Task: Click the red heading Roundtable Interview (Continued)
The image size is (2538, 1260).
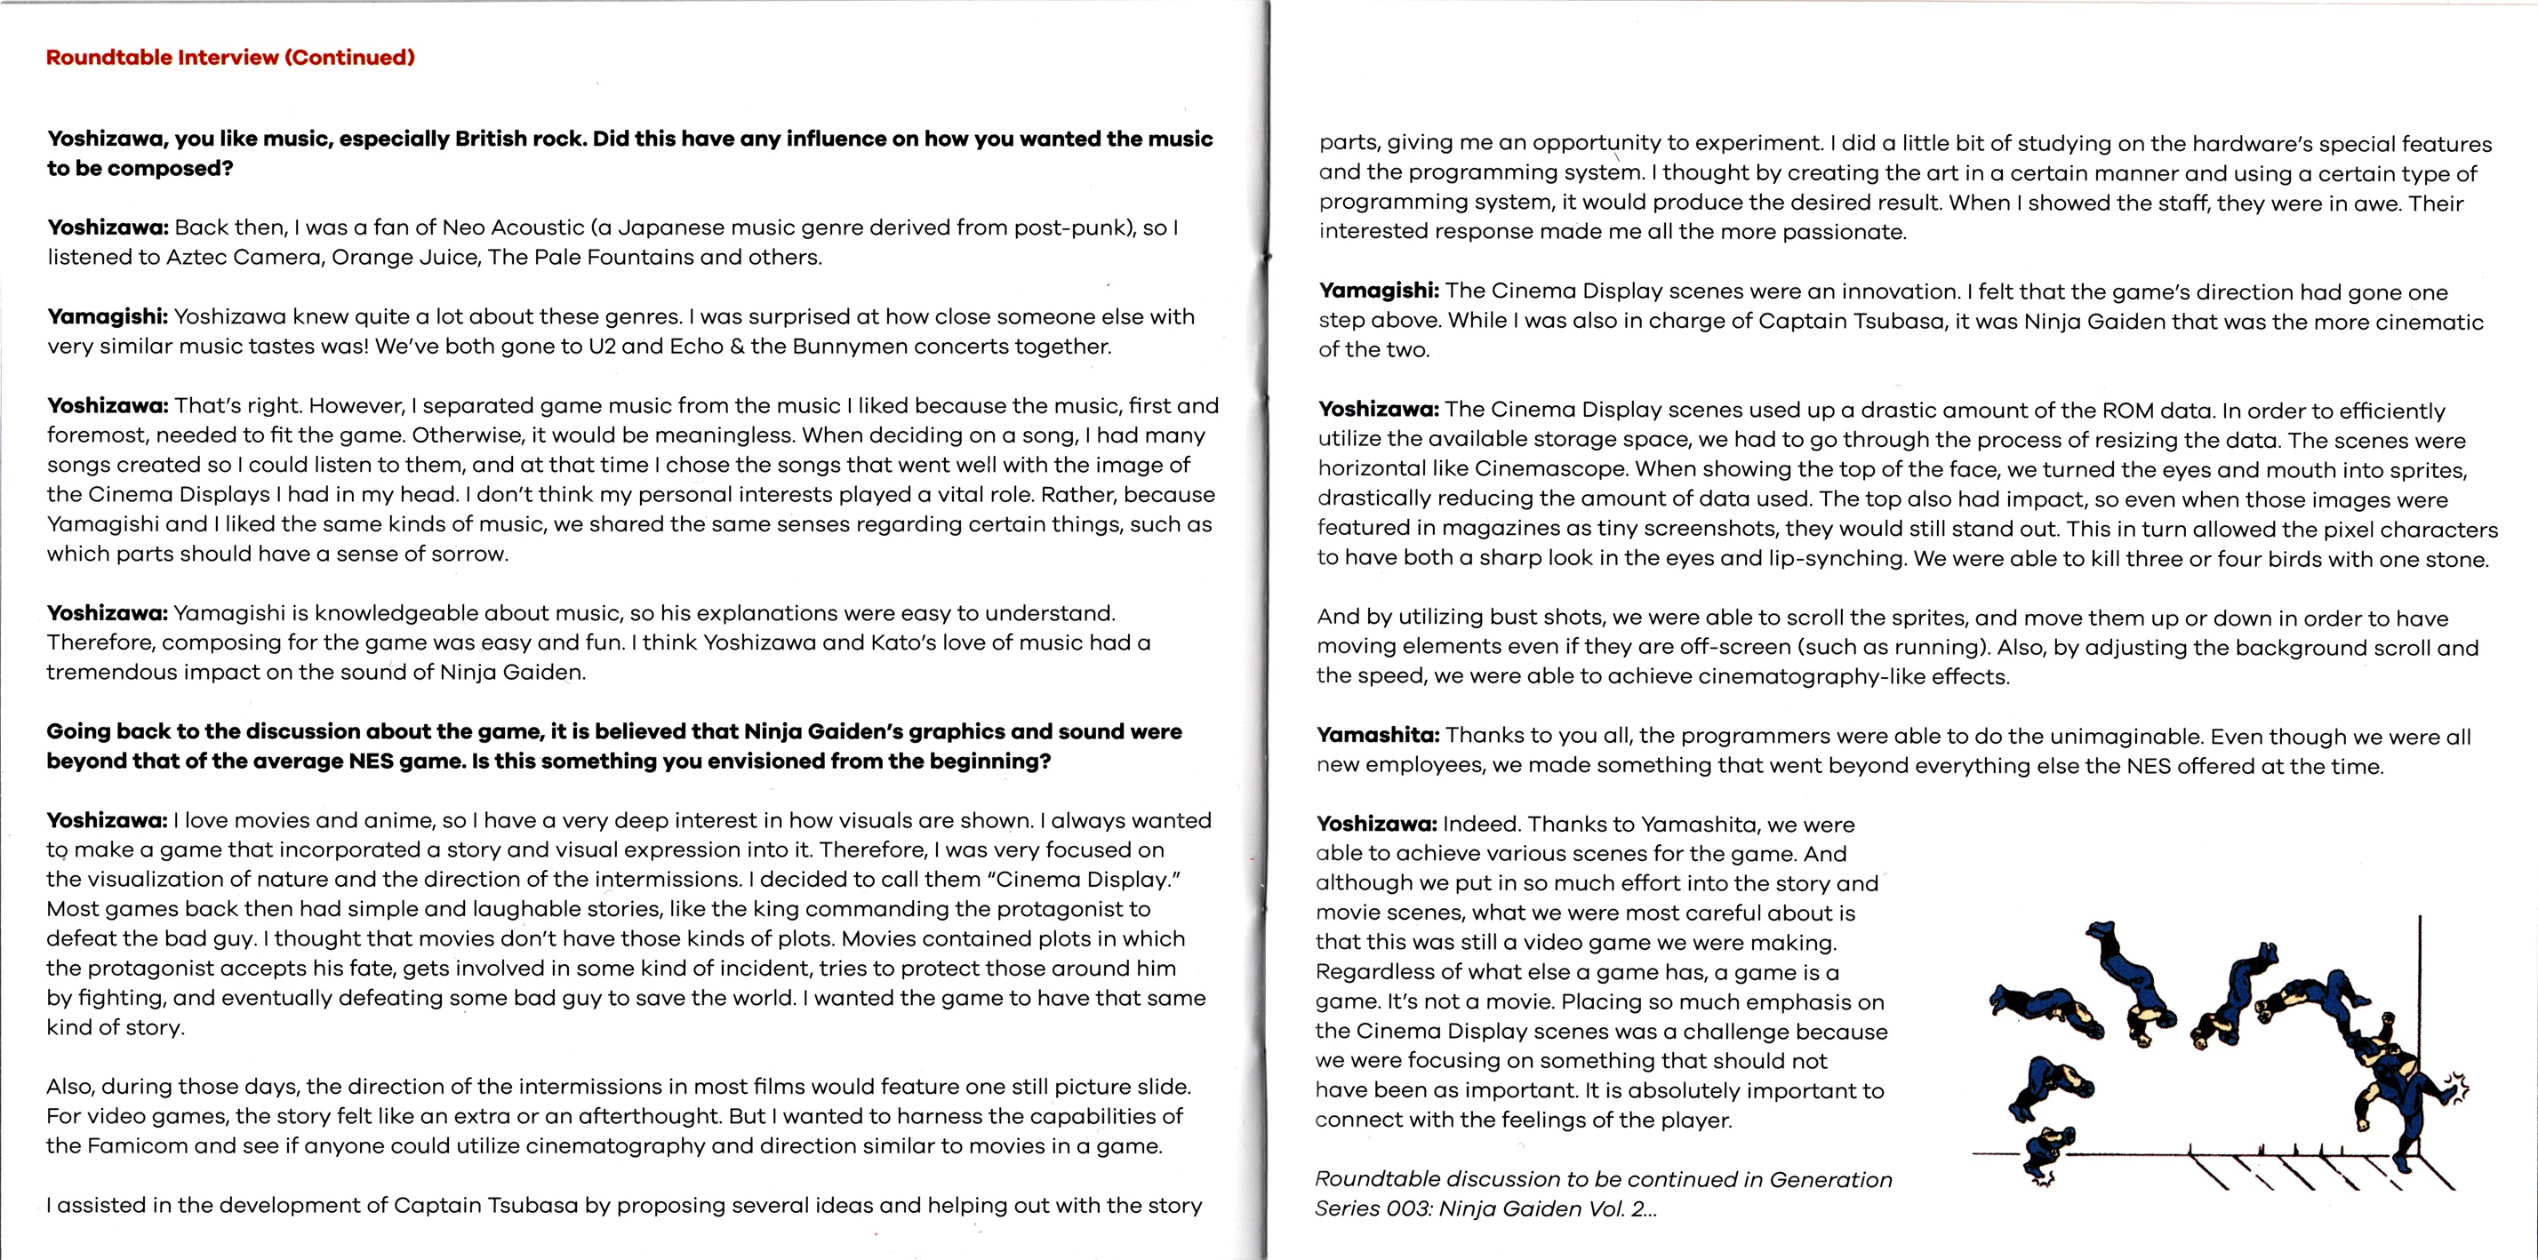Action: click(230, 57)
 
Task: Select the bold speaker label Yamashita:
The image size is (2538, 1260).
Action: click(1379, 735)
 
